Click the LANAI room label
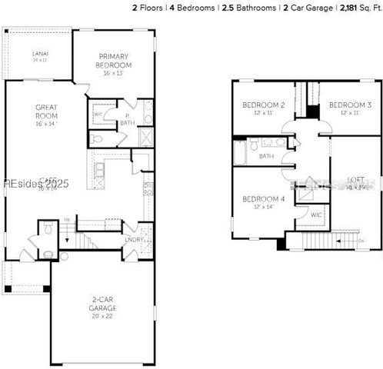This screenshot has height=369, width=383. pos(40,52)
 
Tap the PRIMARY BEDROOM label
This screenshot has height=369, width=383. pos(115,61)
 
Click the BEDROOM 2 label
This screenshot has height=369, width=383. pos(264,105)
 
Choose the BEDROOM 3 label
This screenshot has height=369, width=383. pos(350,105)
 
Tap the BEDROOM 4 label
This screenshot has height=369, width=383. pos(264,200)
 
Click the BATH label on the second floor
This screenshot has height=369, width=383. pos(266,156)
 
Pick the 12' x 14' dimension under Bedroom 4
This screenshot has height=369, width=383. pos(264,208)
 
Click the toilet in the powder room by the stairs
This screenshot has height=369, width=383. pos(48,228)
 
